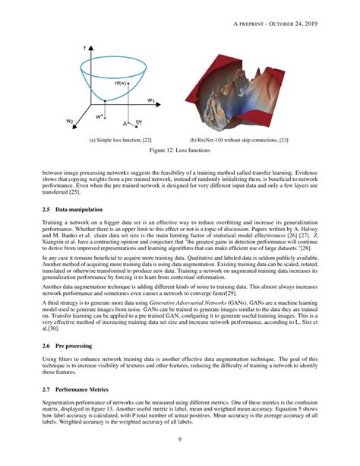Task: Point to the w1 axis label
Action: click(x=151, y=100)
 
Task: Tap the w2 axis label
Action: click(x=69, y=121)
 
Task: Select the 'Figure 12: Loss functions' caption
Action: click(x=179, y=151)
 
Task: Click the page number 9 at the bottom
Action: click(x=179, y=439)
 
